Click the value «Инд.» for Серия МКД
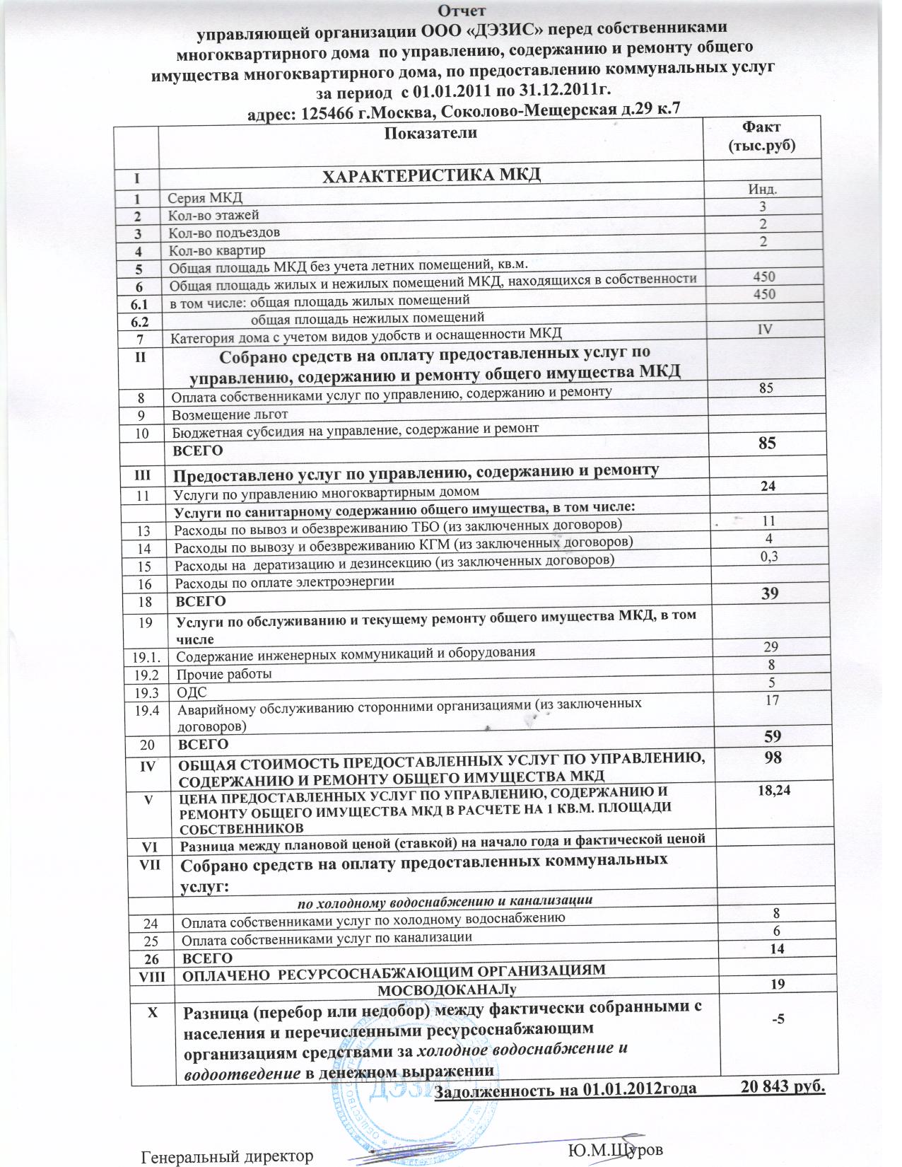(x=763, y=189)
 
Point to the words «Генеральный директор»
(x=227, y=1157)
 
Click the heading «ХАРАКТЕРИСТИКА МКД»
(x=431, y=175)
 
